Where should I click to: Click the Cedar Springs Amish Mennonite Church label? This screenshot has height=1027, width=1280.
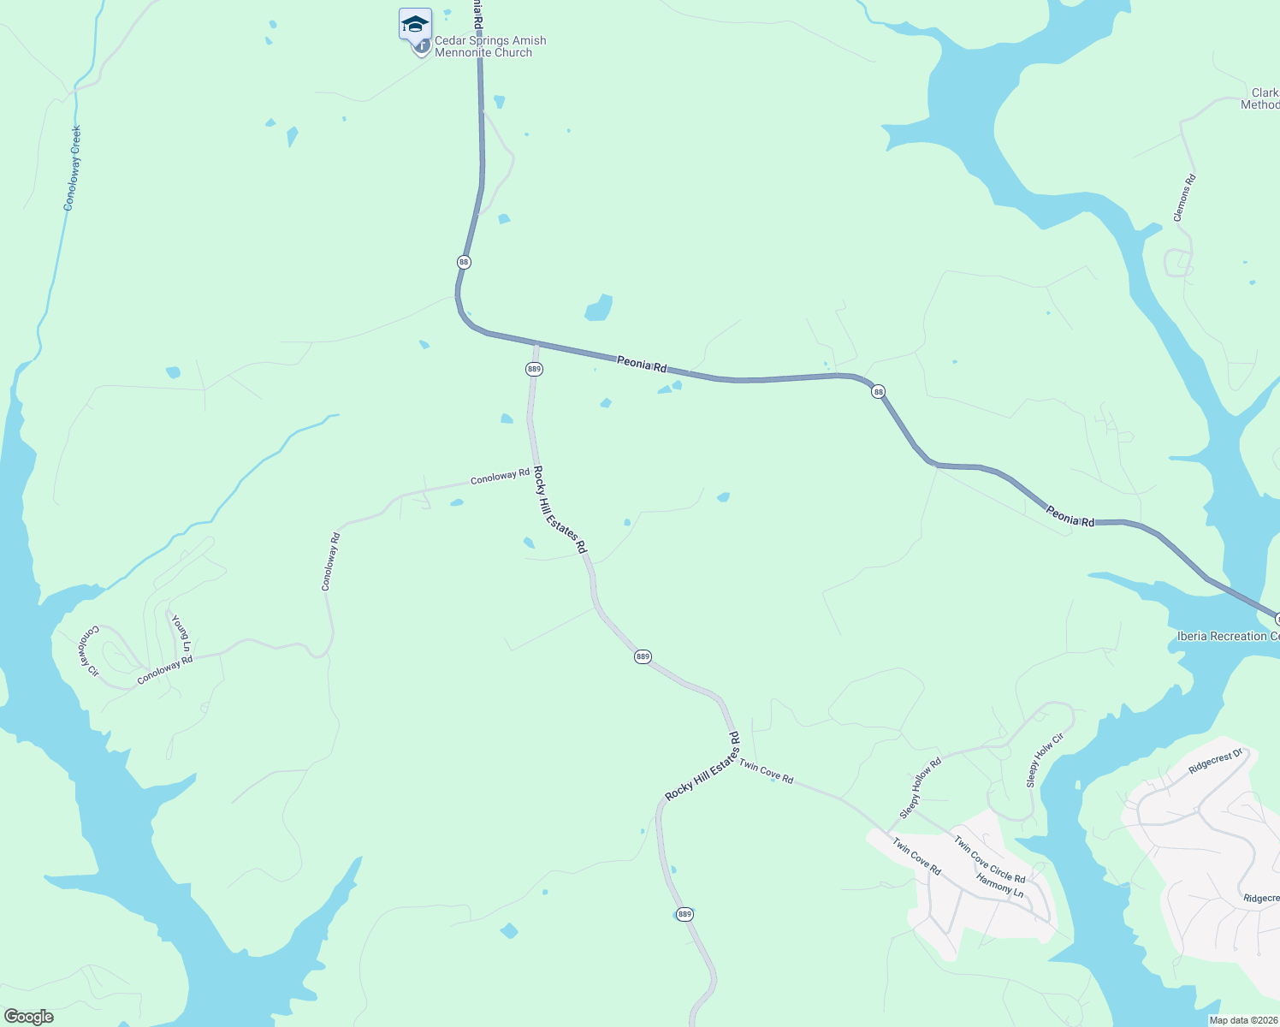pyautogui.click(x=489, y=46)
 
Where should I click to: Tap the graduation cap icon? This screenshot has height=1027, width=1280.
pyautogui.click(x=415, y=24)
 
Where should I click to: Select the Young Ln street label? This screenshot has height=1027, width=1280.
pyautogui.click(x=181, y=632)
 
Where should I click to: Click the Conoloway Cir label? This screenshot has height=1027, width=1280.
pyautogui.click(x=90, y=651)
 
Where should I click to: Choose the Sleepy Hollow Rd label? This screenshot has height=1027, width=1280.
pyautogui.click(x=920, y=787)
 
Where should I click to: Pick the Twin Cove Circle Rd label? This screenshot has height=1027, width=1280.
pyautogui.click(x=989, y=858)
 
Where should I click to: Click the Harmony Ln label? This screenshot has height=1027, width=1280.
pyautogui.click(x=999, y=885)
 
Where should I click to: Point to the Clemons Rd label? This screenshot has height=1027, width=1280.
pyautogui.click(x=1184, y=198)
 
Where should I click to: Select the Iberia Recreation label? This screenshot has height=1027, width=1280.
pyautogui.click(x=1228, y=636)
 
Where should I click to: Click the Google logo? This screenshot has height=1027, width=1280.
pyautogui.click(x=28, y=1017)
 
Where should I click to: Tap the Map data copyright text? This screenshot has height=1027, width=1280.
pyautogui.click(x=1242, y=1020)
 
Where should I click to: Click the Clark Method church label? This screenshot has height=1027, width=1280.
pyautogui.click(x=1261, y=98)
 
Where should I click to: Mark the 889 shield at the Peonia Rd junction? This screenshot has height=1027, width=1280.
pyautogui.click(x=534, y=369)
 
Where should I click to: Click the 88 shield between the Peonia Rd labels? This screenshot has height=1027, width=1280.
pyautogui.click(x=878, y=391)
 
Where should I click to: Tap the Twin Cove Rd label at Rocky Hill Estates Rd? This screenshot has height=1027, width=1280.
pyautogui.click(x=766, y=772)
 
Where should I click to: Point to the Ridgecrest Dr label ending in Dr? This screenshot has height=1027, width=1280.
pyautogui.click(x=1215, y=762)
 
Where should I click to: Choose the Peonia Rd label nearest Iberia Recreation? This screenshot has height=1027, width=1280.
pyautogui.click(x=1070, y=516)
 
